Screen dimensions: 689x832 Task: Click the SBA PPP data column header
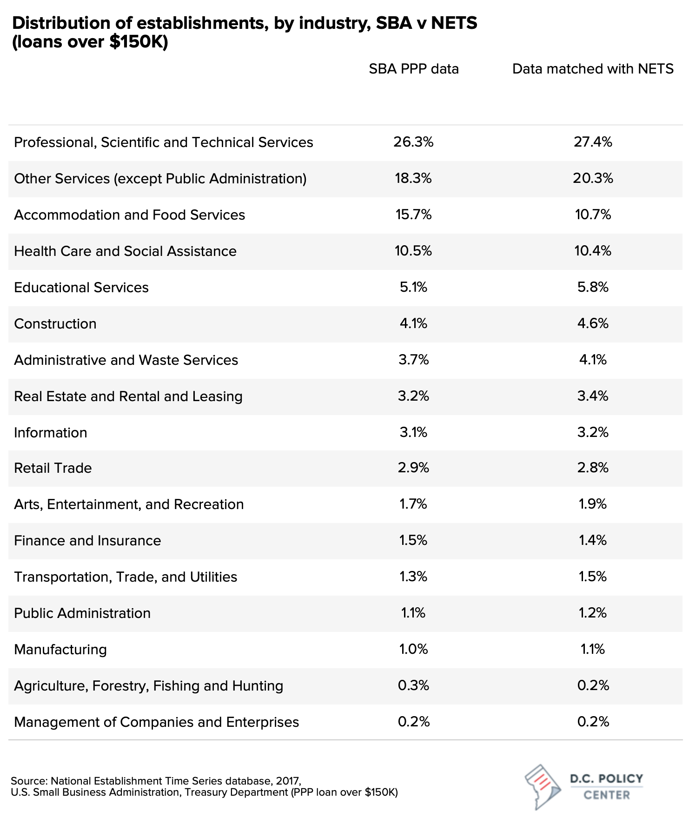(x=414, y=69)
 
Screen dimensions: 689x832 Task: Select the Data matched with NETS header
(x=593, y=69)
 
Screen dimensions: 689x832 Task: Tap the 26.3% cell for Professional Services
(x=413, y=142)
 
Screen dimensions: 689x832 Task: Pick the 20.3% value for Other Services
(x=593, y=178)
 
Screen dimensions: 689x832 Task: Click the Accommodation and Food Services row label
(x=129, y=215)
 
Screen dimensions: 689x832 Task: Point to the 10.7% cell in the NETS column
(x=593, y=215)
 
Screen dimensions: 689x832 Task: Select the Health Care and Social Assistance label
(x=125, y=251)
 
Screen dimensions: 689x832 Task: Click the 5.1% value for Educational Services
(x=413, y=287)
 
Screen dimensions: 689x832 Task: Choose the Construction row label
(x=55, y=323)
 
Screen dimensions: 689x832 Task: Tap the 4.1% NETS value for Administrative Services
(x=593, y=360)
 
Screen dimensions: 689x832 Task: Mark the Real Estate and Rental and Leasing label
(x=128, y=396)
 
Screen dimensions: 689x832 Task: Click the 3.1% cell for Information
(x=413, y=432)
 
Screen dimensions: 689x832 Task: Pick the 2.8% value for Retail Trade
(x=593, y=468)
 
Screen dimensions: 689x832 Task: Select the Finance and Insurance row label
(x=87, y=540)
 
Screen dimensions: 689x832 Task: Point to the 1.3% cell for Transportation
(x=413, y=577)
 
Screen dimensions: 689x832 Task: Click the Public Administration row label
(x=82, y=613)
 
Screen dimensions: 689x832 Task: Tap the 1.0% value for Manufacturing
(x=413, y=649)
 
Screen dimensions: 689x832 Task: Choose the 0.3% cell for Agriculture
(x=413, y=685)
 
